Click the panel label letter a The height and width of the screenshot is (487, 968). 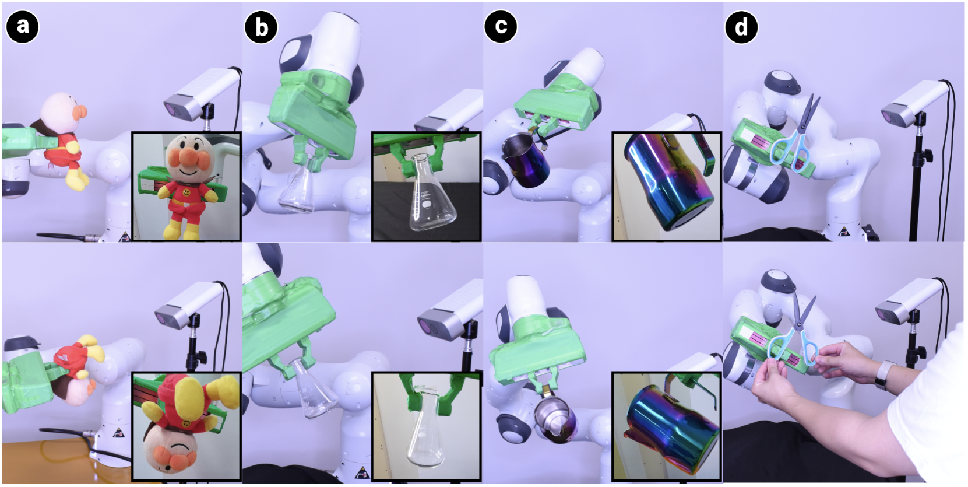point(22,26)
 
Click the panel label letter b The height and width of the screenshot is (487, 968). point(261,27)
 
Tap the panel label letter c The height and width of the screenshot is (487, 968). point(501,26)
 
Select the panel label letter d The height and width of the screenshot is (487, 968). point(741,27)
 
